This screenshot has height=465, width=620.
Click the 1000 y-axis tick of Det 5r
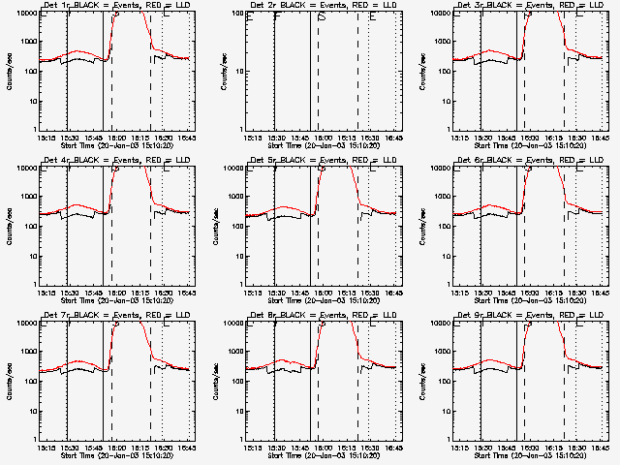tap(233, 197)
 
